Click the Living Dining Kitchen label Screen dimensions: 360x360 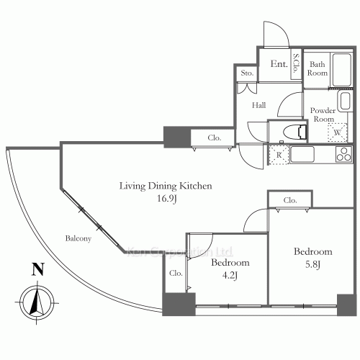point(166,186)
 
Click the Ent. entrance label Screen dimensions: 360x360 point(279,65)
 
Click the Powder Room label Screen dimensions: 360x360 point(323,114)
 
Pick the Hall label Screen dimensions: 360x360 point(260,106)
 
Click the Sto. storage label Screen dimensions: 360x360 point(246,73)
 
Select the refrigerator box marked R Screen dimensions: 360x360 point(277,153)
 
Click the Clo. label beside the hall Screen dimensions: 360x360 point(215,138)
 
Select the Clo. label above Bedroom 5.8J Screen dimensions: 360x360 point(290,199)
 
